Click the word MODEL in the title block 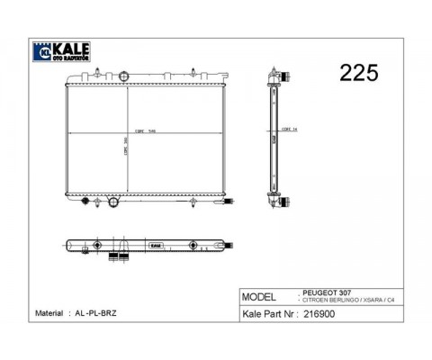(x=261, y=297)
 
